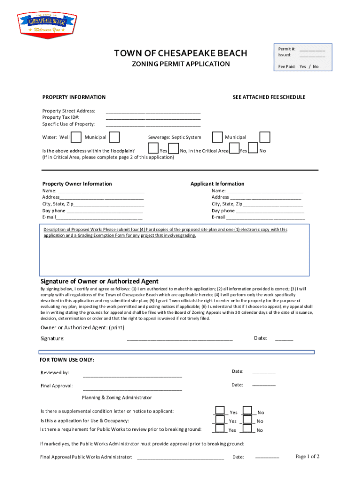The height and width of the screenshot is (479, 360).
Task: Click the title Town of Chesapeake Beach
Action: point(181,53)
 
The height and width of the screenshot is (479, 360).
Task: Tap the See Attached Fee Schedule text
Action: point(269,97)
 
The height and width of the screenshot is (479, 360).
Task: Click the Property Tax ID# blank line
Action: point(153,118)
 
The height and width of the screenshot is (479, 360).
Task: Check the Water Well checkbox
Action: point(76,137)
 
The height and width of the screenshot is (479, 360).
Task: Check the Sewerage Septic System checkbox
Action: point(217,137)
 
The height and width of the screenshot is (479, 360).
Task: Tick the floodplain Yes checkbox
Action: point(153,149)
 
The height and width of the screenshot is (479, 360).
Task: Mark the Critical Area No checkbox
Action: point(253,148)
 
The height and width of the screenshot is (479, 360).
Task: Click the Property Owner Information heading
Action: point(77,184)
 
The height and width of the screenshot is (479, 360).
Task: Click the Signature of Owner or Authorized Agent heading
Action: point(100,281)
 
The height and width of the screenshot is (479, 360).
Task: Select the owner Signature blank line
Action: point(180,339)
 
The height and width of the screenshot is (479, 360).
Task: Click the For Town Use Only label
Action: point(67,360)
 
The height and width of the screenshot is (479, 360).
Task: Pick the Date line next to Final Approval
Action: point(264,386)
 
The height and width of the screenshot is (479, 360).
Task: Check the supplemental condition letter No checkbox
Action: point(248,410)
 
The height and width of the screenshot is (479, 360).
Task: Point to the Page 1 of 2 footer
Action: point(307,457)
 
